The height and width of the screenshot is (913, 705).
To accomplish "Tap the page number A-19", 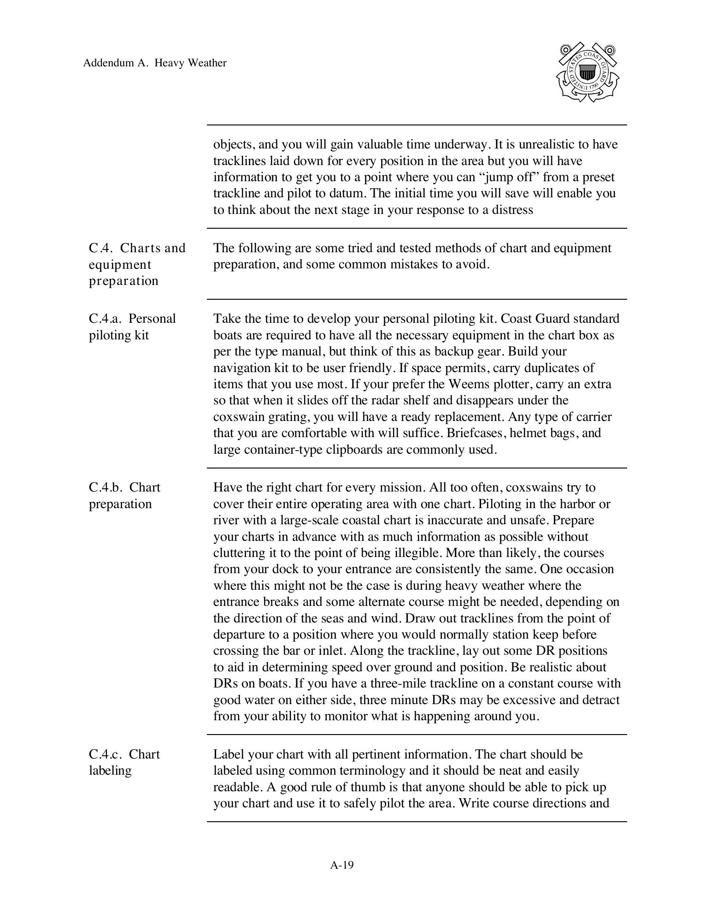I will pyautogui.click(x=342, y=865).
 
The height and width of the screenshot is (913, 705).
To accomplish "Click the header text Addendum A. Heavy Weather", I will pyautogui.click(x=155, y=63).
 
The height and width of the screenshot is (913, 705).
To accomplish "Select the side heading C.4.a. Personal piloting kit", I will pyautogui.click(x=132, y=326).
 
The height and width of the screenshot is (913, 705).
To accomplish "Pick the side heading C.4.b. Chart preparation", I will pyautogui.click(x=124, y=495).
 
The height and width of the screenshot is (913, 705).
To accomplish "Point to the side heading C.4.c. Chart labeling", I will pyautogui.click(x=124, y=762).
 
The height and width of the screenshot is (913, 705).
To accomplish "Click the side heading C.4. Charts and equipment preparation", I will pyautogui.click(x=137, y=264).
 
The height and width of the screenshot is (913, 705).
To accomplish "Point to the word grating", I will pyautogui.click(x=288, y=417).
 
